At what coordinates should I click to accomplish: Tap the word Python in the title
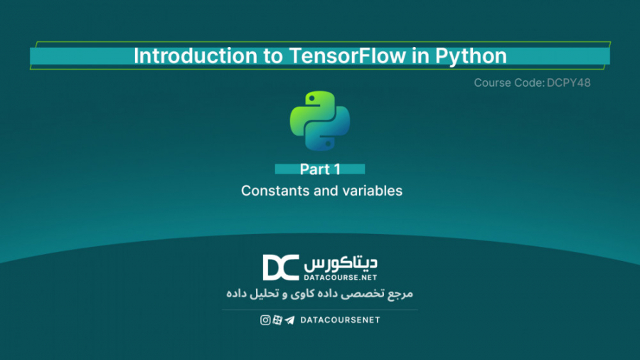(474, 56)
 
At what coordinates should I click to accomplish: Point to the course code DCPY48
(569, 83)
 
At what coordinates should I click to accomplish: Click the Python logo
(320, 121)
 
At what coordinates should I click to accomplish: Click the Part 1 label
(320, 169)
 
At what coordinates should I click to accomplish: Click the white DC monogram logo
(280, 268)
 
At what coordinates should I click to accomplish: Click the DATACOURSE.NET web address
(341, 275)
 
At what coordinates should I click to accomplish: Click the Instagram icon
(265, 320)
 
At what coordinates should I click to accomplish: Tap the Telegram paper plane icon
(289, 320)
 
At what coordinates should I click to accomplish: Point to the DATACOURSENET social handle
(340, 320)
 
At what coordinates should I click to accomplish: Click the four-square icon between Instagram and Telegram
(277, 320)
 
